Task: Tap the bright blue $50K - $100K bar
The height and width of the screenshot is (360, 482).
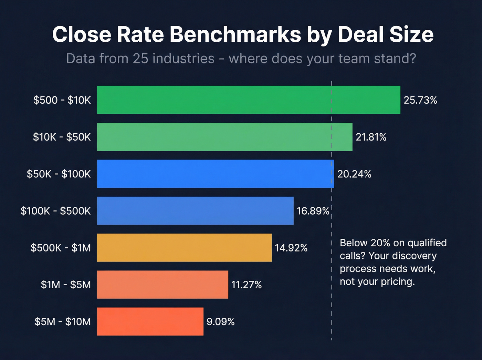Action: coord(215,174)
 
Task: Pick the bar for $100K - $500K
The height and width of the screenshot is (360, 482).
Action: coord(195,210)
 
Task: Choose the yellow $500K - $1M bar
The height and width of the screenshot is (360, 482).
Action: coord(184,248)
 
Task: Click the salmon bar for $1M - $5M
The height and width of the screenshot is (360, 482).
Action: coord(163,285)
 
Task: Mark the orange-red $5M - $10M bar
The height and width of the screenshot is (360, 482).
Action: coord(150,321)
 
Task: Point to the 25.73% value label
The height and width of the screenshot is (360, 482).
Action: coord(420,100)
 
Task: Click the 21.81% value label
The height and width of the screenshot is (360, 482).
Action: coord(371,137)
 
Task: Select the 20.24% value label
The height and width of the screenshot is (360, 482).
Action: coord(354,174)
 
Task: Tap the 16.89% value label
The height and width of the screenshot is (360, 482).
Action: coord(313,211)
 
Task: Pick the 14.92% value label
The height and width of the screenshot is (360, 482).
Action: coord(291,248)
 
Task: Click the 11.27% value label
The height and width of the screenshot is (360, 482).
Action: coord(247,285)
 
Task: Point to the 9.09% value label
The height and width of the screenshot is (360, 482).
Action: coord(220,322)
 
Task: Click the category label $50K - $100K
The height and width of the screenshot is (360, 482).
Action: coord(59,174)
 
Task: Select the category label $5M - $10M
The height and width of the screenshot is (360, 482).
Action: coord(63,322)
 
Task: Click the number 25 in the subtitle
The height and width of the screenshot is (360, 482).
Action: coord(140,59)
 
